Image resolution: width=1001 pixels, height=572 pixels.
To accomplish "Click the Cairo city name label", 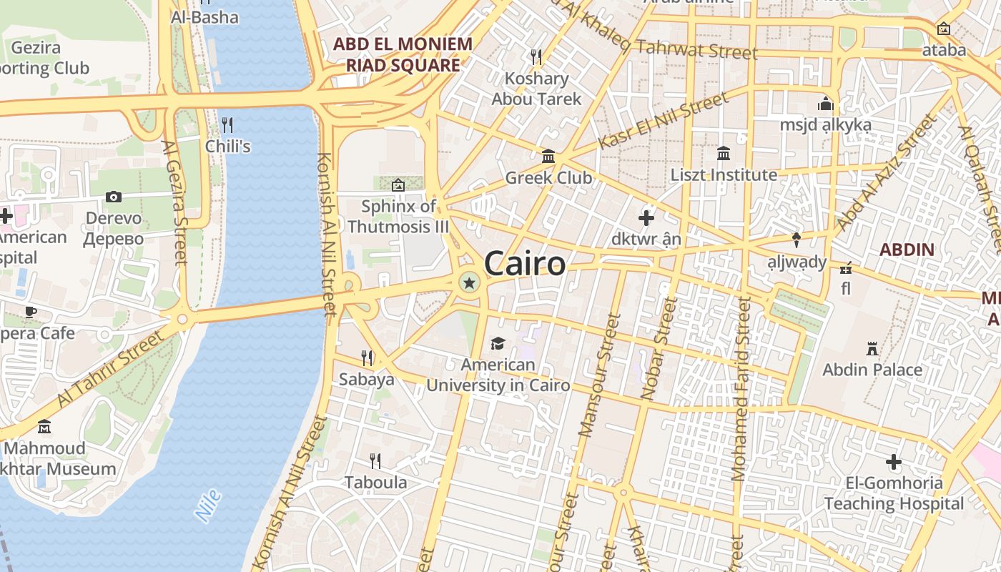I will (x=525, y=264).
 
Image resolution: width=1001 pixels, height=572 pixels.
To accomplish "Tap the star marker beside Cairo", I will (x=469, y=284).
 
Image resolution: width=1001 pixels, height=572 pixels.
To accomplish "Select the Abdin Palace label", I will (x=872, y=370).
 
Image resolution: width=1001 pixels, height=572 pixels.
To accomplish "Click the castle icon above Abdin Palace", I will (x=872, y=349).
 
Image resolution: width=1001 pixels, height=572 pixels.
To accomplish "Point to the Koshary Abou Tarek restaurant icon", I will (x=536, y=56).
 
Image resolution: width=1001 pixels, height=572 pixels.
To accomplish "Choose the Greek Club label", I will (x=548, y=177).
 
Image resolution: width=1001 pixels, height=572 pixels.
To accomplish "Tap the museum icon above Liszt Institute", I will (x=723, y=154).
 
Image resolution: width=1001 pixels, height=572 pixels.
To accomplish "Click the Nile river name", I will (x=208, y=506).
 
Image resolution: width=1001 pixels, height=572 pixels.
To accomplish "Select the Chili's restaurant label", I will (x=227, y=146).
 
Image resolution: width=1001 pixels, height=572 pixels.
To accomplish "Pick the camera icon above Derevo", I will (x=113, y=197).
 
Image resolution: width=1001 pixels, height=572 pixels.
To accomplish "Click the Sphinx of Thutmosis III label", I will (x=398, y=217).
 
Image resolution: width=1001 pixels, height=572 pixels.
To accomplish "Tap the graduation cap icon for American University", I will (x=498, y=344).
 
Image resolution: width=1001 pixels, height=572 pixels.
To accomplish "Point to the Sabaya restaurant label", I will (x=366, y=379).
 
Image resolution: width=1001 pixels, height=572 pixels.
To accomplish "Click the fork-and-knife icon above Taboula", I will (x=375, y=461).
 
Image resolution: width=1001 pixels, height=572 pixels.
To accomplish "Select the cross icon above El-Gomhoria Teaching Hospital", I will (x=893, y=462).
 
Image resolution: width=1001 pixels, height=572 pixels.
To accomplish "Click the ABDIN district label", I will (x=907, y=250).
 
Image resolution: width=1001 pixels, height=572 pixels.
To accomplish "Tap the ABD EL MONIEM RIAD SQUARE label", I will (x=403, y=54).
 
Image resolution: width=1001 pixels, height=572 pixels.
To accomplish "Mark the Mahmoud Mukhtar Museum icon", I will (x=44, y=427).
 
